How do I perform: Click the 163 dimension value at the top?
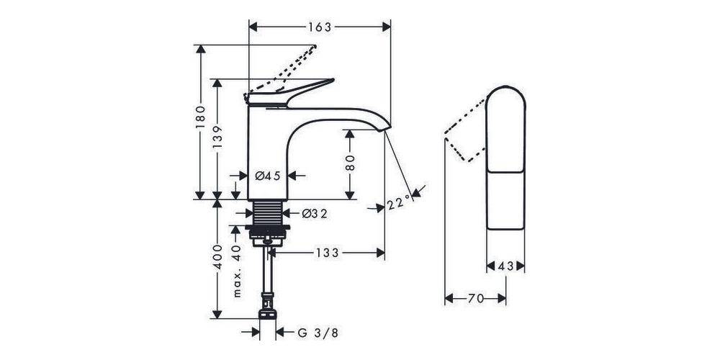320,27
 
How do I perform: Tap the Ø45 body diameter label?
267,176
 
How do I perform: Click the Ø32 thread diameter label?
315,214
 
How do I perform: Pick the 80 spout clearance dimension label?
350,163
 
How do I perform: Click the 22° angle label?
399,202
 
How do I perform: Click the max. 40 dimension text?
236,271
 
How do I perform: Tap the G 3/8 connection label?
318,333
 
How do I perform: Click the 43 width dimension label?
505,266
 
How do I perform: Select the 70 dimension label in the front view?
476,299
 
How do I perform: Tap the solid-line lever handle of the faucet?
289,94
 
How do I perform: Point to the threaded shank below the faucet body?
267,213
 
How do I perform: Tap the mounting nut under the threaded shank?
267,233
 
